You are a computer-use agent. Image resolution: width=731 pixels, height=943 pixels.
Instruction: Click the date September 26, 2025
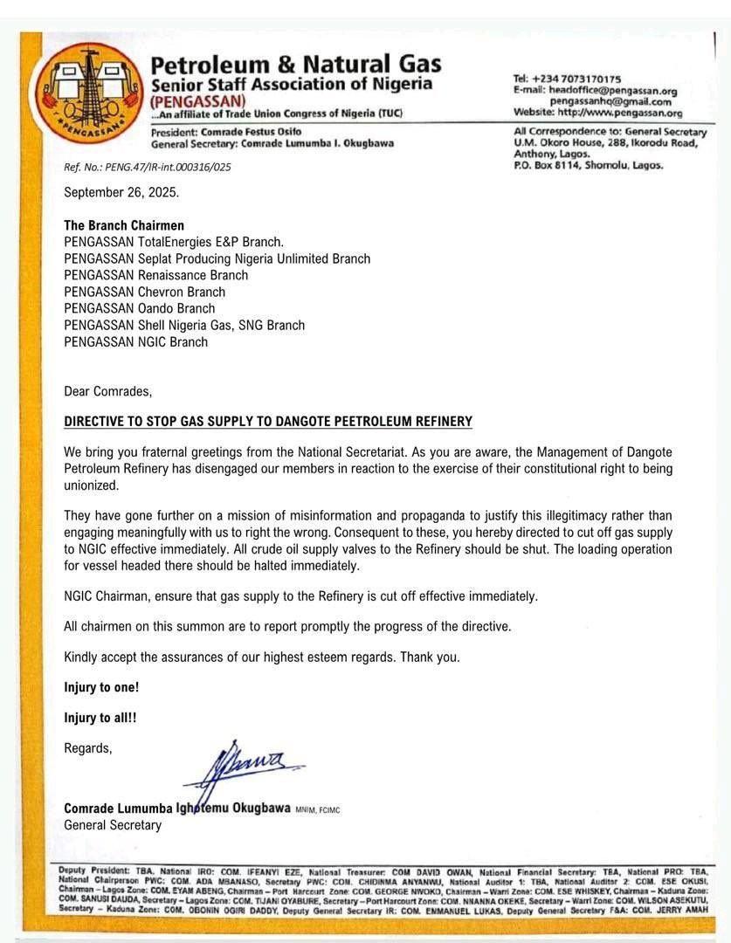(121, 192)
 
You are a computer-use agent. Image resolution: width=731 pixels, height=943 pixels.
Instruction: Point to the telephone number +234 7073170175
(567, 79)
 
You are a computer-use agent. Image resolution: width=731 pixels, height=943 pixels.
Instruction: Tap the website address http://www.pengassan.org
(597, 113)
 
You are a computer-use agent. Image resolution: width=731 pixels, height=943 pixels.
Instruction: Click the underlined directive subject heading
(268, 422)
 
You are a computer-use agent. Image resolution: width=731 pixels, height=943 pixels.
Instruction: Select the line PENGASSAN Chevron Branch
(145, 292)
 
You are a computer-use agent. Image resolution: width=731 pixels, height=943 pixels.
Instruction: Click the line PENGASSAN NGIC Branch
(136, 341)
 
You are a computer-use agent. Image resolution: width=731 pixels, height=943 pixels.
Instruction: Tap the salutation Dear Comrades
(108, 391)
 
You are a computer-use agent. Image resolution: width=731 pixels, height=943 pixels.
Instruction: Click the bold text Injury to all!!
(100, 718)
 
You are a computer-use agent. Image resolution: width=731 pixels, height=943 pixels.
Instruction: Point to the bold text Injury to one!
(101, 687)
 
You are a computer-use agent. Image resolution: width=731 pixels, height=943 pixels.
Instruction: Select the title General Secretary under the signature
(113, 824)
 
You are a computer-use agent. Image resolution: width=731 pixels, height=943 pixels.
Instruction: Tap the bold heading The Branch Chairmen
(124, 225)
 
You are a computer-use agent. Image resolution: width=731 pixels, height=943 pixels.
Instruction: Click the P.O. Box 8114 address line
(588, 164)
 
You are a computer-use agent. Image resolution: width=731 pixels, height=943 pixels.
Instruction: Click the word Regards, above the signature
(88, 748)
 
